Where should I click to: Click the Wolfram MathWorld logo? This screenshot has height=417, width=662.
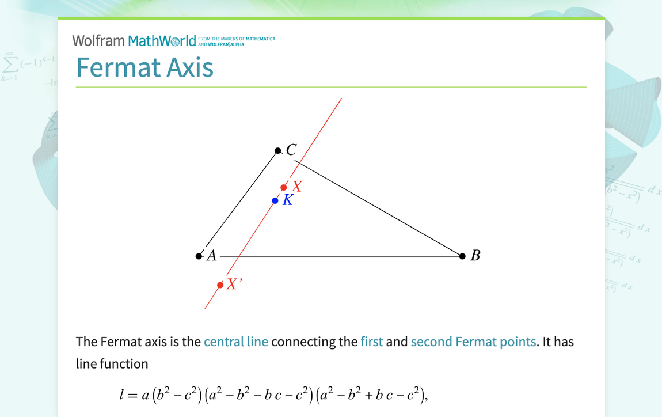coord(134,40)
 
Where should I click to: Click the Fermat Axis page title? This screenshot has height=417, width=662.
coord(144,67)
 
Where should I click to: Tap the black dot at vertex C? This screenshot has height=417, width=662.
coord(278,151)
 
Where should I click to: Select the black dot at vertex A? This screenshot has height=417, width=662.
coord(199,256)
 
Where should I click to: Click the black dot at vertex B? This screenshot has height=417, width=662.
coord(462,256)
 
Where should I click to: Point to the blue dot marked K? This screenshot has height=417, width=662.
coord(275,200)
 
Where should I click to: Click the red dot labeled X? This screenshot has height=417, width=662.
coord(284,187)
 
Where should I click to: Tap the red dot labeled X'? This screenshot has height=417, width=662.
coord(220,285)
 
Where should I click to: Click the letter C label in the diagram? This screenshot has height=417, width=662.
coord(291,150)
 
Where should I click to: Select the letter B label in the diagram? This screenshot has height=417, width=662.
coord(475,256)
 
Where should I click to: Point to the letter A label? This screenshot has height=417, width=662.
coord(212,256)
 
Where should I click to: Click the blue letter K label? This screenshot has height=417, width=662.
coord(288,200)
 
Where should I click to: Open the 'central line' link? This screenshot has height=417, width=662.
coord(236,342)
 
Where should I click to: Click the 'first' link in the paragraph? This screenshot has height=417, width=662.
coord(371,342)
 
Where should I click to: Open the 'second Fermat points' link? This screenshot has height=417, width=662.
coord(473,342)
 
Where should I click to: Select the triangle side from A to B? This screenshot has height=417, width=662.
coord(340,256)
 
